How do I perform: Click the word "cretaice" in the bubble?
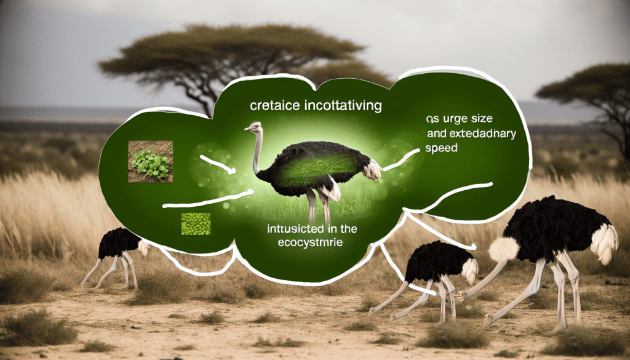pyautogui.click(x=274, y=106)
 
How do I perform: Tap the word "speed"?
pyautogui.click(x=441, y=148)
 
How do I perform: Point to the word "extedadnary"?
pyautogui.click(x=484, y=132)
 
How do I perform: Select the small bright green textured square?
pyautogui.click(x=196, y=223)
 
